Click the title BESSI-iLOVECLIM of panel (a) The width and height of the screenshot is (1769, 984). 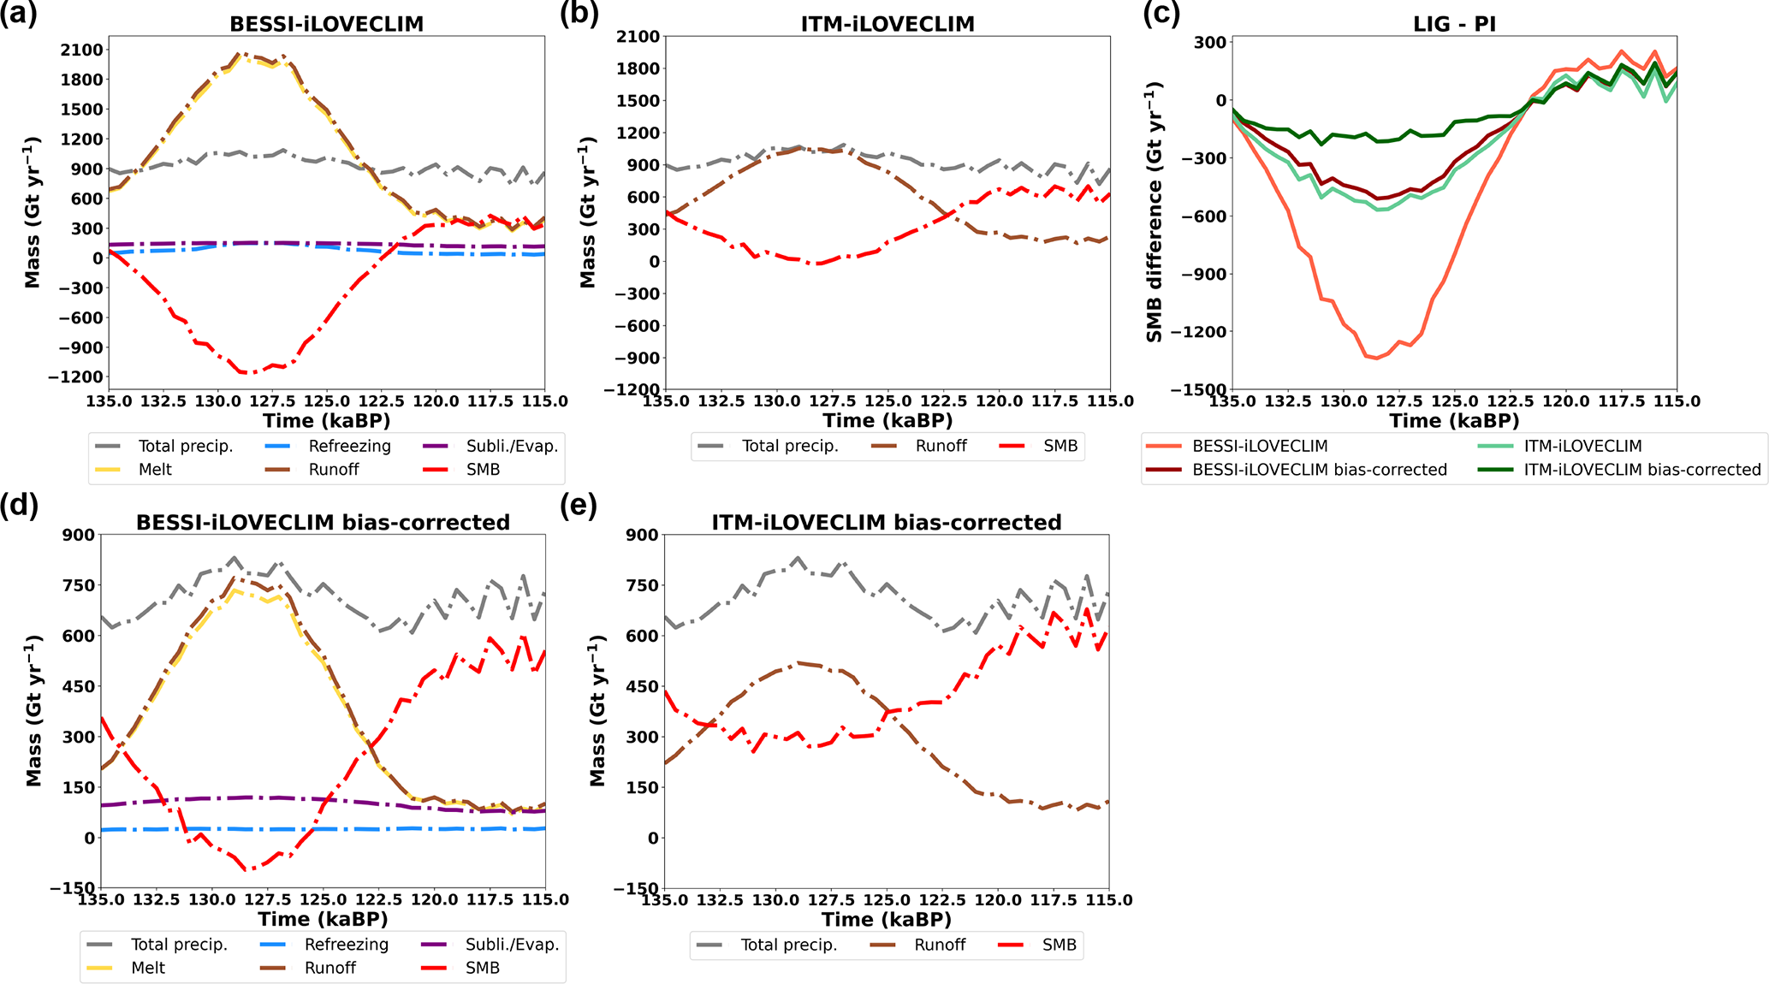pyautogui.click(x=326, y=24)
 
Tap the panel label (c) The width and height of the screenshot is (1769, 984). pyautogui.click(x=1161, y=14)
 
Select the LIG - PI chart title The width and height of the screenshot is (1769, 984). pyautogui.click(x=1454, y=24)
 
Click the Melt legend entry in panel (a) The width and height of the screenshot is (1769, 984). pyautogui.click(x=154, y=470)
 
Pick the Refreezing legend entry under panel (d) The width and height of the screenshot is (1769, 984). pyautogui.click(x=346, y=945)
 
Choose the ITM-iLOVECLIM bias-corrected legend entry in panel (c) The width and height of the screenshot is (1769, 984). pyautogui.click(x=1641, y=470)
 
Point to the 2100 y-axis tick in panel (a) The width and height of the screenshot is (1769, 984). pyautogui.click(x=82, y=50)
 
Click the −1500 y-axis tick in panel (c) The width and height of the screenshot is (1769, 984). pyautogui.click(x=1203, y=390)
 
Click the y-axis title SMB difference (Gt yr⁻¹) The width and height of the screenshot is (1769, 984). pyautogui.click(x=1155, y=212)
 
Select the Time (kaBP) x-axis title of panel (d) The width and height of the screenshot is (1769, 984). pyautogui.click(x=323, y=920)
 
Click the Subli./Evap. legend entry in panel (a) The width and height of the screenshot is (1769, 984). pyautogui.click(x=511, y=446)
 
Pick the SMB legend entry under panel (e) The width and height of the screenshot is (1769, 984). pyautogui.click(x=1059, y=945)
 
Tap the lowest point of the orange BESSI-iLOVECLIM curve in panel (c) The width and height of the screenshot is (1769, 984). pyautogui.click(x=1376, y=359)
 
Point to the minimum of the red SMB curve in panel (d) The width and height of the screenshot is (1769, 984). pyautogui.click(x=248, y=870)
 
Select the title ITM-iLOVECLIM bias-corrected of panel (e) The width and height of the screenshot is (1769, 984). pyautogui.click(x=887, y=523)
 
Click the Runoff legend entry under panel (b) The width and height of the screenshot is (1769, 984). pyautogui.click(x=941, y=446)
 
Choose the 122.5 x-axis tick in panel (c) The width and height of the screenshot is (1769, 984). pyautogui.click(x=1511, y=401)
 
